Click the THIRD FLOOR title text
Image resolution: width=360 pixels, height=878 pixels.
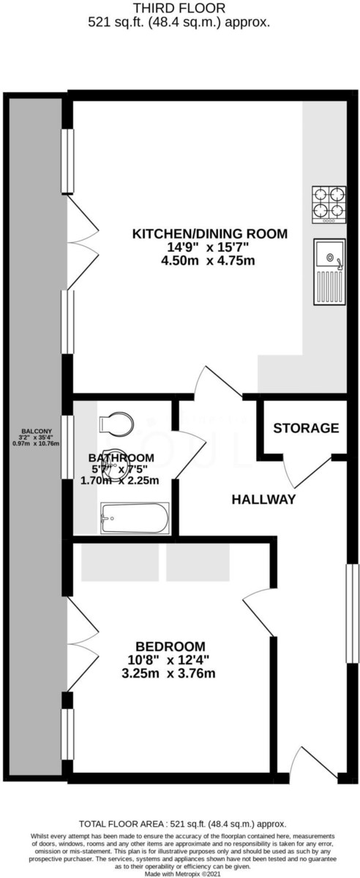[179, 9]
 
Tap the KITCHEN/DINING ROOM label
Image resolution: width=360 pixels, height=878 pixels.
[209, 234]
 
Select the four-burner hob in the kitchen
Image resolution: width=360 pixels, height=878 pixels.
[329, 204]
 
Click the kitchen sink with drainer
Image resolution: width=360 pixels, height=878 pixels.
[329, 271]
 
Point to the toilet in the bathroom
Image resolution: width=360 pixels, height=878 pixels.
[116, 424]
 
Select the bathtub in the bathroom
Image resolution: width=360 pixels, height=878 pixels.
[134, 518]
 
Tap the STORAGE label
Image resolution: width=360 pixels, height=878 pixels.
[306, 428]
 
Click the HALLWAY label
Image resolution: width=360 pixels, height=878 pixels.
[263, 500]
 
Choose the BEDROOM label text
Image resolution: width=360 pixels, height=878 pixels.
[170, 646]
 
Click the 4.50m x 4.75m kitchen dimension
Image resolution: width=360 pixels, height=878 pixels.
[209, 261]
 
